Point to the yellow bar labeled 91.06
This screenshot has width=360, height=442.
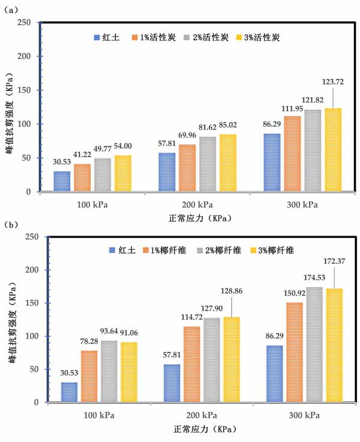(129, 372)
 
